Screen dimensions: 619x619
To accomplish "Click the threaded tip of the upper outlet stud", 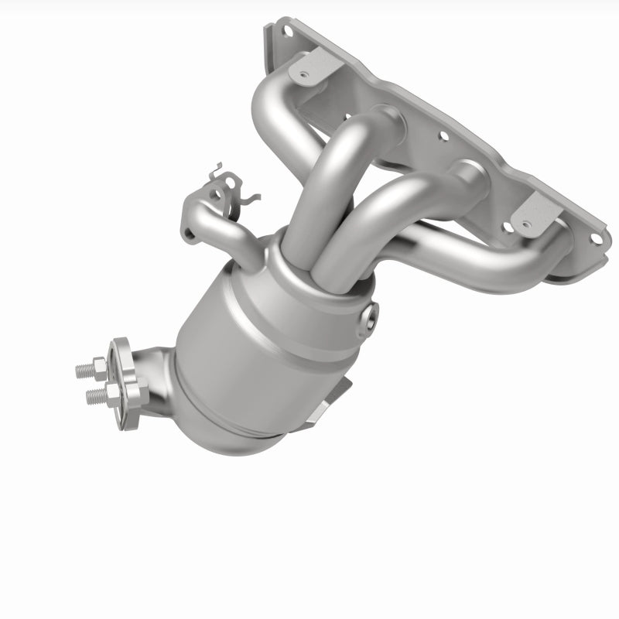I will click(x=80, y=370).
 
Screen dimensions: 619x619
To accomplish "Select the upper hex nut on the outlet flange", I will click(x=98, y=364).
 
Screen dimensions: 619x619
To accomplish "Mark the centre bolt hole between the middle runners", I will click(x=443, y=138).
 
